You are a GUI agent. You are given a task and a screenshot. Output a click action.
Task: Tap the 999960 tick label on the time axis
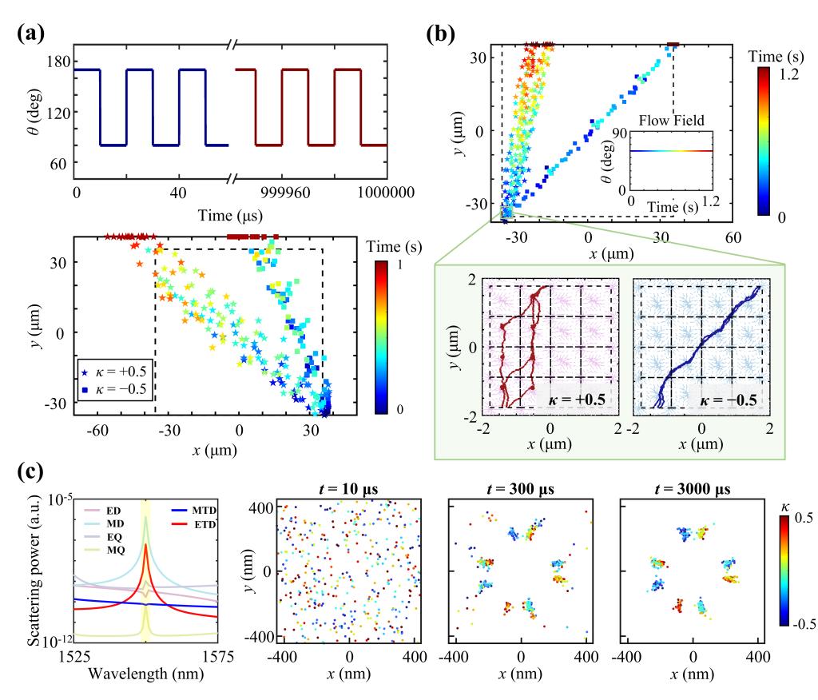pyautogui.click(x=262, y=193)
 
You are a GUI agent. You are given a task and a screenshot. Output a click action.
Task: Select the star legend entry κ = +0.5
pyautogui.click(x=116, y=373)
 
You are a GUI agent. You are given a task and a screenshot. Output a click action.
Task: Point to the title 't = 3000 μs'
pyautogui.click(x=693, y=487)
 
